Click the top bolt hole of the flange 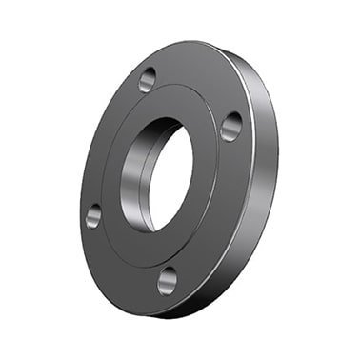point(148,80)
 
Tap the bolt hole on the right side point(231,126)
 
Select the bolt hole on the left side point(93,215)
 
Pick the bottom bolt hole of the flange point(168,280)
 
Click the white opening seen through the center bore point(171,179)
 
